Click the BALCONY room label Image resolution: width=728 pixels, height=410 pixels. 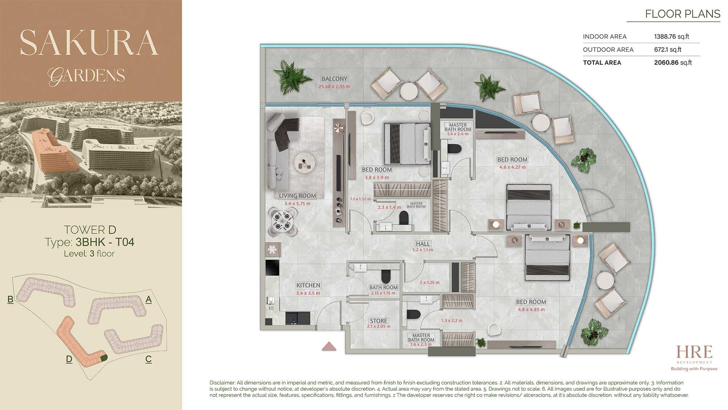click(334, 79)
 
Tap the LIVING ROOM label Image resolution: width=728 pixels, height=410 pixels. click(297, 196)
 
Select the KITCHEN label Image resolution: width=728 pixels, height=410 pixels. click(308, 285)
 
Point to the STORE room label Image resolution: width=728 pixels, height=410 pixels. click(379, 321)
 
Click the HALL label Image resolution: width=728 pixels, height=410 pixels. click(423, 243)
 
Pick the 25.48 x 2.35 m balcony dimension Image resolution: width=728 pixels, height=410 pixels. click(334, 87)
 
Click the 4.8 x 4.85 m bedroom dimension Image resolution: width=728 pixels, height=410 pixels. click(531, 310)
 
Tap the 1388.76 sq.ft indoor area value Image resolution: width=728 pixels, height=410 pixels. click(672, 36)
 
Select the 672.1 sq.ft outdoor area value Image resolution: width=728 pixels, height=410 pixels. click(668, 50)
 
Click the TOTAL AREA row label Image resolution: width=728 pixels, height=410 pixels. click(602, 63)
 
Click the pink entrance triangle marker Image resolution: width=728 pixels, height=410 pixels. click(329, 346)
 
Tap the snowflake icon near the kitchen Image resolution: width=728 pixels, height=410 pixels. click(273, 250)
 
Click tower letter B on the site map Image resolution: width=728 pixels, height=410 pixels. click(10, 300)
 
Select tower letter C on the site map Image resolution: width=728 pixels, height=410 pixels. click(149, 359)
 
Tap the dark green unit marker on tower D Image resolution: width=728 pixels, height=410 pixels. click(104, 358)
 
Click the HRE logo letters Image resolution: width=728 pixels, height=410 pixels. click(694, 352)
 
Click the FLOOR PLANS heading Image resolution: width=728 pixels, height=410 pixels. click(682, 14)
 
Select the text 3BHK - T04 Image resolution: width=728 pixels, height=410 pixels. click(105, 242)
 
